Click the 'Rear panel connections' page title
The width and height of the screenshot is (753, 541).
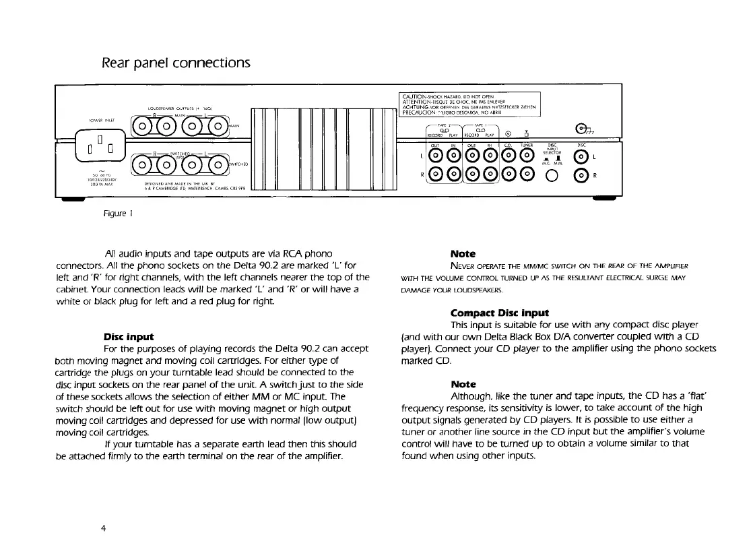click(176, 63)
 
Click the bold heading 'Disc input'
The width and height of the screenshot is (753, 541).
click(129, 336)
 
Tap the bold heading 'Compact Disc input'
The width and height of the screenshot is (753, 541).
click(499, 313)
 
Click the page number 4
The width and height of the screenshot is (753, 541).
click(103, 529)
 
